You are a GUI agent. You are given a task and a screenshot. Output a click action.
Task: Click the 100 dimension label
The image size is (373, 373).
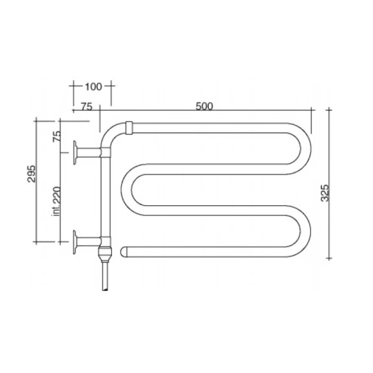[93, 86]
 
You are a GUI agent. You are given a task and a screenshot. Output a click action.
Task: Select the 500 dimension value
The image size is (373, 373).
[204, 106]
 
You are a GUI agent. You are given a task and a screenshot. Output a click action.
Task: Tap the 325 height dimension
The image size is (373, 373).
[325, 193]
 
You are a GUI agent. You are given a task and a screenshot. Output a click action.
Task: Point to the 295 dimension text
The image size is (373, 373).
[32, 173]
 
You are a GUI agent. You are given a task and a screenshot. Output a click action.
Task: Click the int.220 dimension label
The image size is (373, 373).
[57, 201]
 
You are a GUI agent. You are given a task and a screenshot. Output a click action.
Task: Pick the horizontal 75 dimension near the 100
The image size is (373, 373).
[86, 106]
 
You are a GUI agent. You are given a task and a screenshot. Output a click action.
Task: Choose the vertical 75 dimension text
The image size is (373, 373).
[57, 137]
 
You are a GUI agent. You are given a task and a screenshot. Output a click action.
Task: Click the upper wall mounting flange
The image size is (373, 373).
[75, 152]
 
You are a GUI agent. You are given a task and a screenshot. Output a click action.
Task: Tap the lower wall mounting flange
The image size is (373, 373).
[75, 242]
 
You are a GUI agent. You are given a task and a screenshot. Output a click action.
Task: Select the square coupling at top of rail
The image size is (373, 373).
[129, 128]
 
